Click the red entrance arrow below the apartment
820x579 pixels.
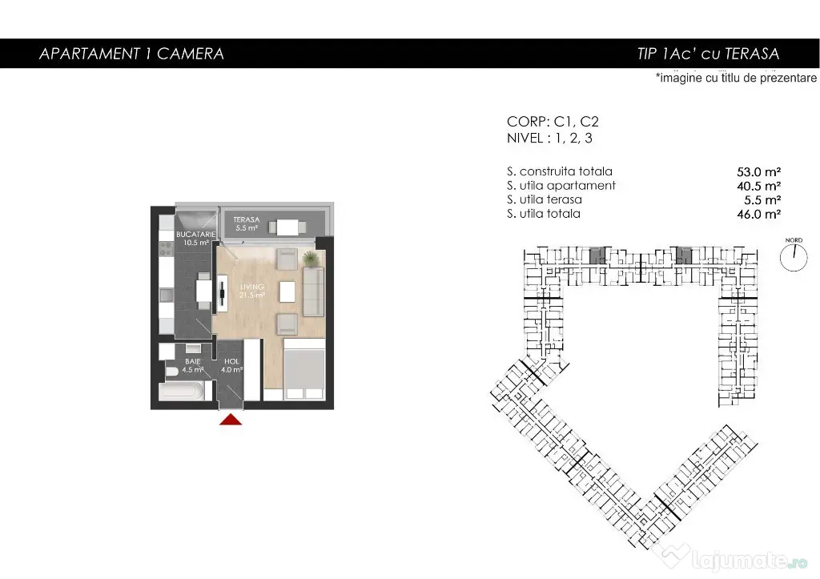231,420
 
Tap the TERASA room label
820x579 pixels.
247,219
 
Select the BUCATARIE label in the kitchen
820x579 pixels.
196,235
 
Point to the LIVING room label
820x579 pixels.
252,287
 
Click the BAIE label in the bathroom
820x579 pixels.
192,361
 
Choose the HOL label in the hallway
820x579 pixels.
231,361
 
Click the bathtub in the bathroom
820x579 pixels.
183,392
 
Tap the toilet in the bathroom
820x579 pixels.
172,372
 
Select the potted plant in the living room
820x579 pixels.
310,258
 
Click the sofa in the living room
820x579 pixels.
313,292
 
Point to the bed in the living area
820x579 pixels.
304,369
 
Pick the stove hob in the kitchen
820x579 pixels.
167,248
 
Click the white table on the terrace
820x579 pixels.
287,227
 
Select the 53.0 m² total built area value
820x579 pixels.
759,172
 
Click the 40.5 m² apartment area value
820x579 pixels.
759,187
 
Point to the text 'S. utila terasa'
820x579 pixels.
545,199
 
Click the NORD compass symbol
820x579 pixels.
794,257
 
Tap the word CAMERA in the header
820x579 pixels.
191,54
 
